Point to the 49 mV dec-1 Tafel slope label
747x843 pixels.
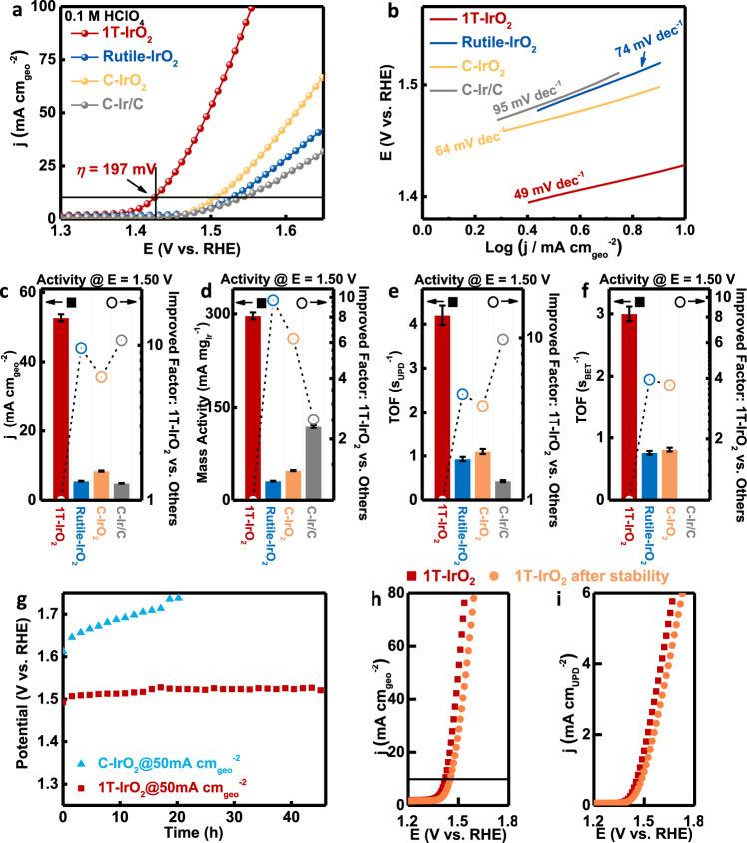pyautogui.click(x=535, y=193)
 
